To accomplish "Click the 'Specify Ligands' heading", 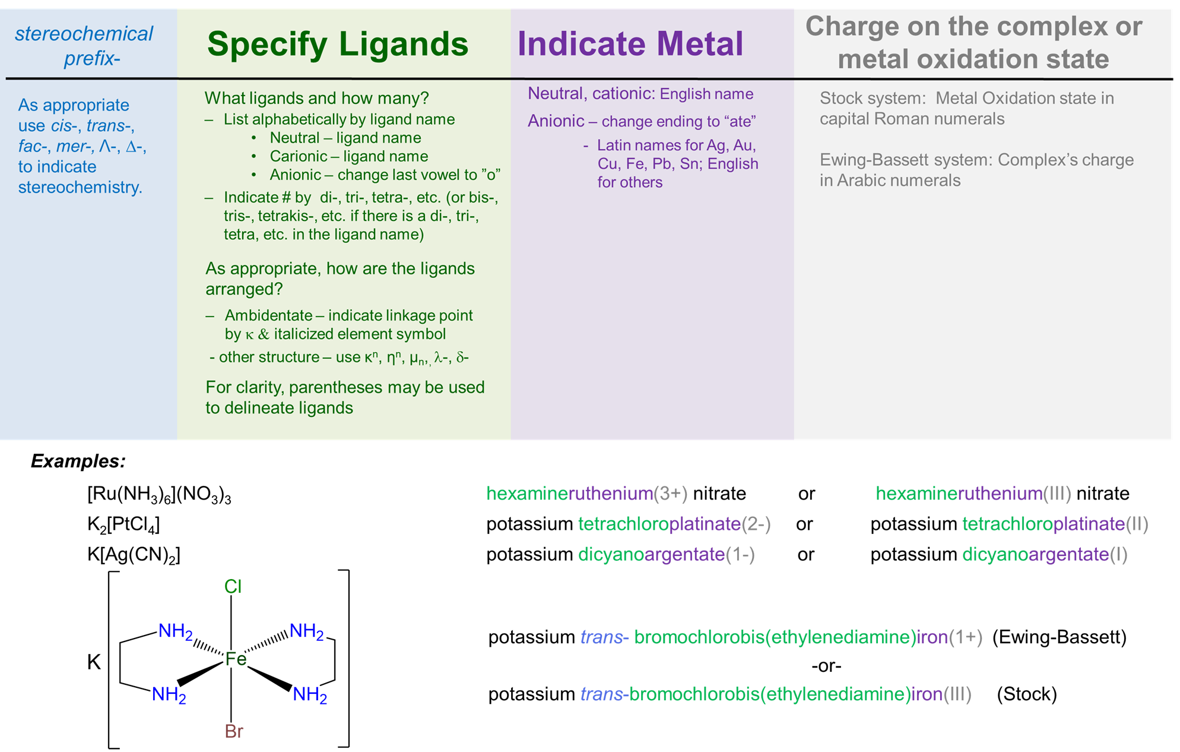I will [337, 45].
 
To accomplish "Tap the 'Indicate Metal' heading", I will [630, 45].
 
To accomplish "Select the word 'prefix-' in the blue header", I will [92, 58].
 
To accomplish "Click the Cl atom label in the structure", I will [233, 587].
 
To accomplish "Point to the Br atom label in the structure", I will [234, 731].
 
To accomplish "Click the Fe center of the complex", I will [236, 659].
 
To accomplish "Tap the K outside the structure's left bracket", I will [94, 662].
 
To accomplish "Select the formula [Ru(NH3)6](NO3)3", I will [159, 494].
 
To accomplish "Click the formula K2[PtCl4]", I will [123, 524].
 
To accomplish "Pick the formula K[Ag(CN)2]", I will [134, 555].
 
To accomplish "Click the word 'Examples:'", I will [78, 461].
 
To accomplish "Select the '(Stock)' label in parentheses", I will [1026, 694].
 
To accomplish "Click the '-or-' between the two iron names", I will [826, 666].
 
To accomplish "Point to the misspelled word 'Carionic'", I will [299, 156].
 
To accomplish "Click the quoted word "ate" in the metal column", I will [740, 121].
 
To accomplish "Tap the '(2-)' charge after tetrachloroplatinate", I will [756, 524].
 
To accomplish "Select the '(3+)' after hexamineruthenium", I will [671, 494].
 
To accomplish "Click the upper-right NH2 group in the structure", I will [306, 631].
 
